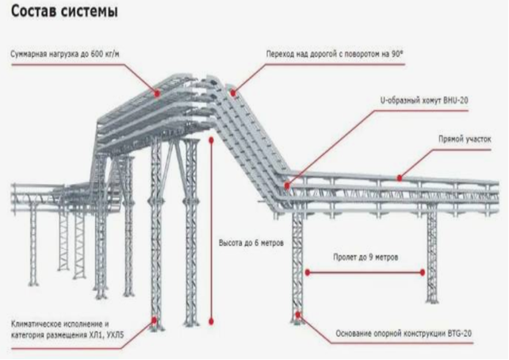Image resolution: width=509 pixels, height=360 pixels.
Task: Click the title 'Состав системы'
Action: pyautogui.click(x=64, y=13)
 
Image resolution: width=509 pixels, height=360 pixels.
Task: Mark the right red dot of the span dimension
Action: pyautogui.click(x=422, y=272)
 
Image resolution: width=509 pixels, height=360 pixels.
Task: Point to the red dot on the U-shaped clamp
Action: pyautogui.click(x=285, y=186)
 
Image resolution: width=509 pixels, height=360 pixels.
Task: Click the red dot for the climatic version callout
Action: pyautogui.click(x=154, y=320)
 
